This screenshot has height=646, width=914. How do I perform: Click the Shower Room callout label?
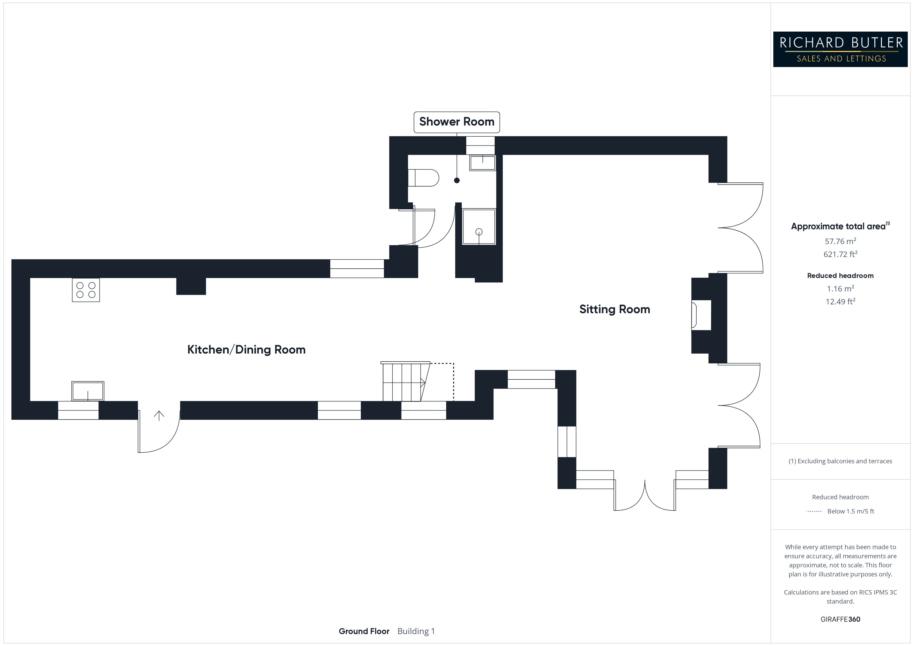(x=456, y=122)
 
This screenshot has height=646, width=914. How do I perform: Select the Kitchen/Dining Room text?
(x=246, y=350)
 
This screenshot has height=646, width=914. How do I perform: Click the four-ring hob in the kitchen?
(x=85, y=290)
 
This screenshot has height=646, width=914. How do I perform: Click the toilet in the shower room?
(x=423, y=178)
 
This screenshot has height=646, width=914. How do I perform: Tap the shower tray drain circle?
(x=479, y=232)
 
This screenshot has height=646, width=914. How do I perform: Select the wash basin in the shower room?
(x=482, y=163)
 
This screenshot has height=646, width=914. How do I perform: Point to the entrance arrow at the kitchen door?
(x=159, y=416)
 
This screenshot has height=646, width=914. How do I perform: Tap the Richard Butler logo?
(x=840, y=49)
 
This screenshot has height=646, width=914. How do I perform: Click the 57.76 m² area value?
(x=840, y=241)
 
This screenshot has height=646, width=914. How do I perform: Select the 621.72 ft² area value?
(x=840, y=254)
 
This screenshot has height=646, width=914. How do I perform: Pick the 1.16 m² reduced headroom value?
(x=840, y=288)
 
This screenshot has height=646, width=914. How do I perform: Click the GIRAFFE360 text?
(x=840, y=619)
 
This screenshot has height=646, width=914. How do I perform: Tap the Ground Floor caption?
(x=364, y=631)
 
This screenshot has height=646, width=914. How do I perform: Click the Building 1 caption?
(x=416, y=631)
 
